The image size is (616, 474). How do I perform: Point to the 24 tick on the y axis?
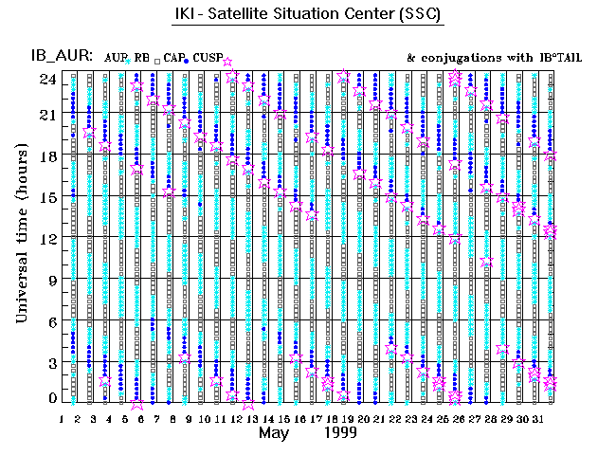click(x=47, y=80)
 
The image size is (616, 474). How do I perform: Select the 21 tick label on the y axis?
click(x=47, y=115)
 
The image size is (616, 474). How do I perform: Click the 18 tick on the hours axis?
click(x=47, y=156)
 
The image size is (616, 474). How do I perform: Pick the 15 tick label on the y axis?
click(x=47, y=197)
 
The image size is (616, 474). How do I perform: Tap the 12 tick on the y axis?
click(x=47, y=239)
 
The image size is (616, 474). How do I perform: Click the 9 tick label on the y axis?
click(x=51, y=281)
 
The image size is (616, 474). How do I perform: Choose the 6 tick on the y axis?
click(x=51, y=321)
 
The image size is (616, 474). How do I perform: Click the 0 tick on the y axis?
click(x=51, y=399)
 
